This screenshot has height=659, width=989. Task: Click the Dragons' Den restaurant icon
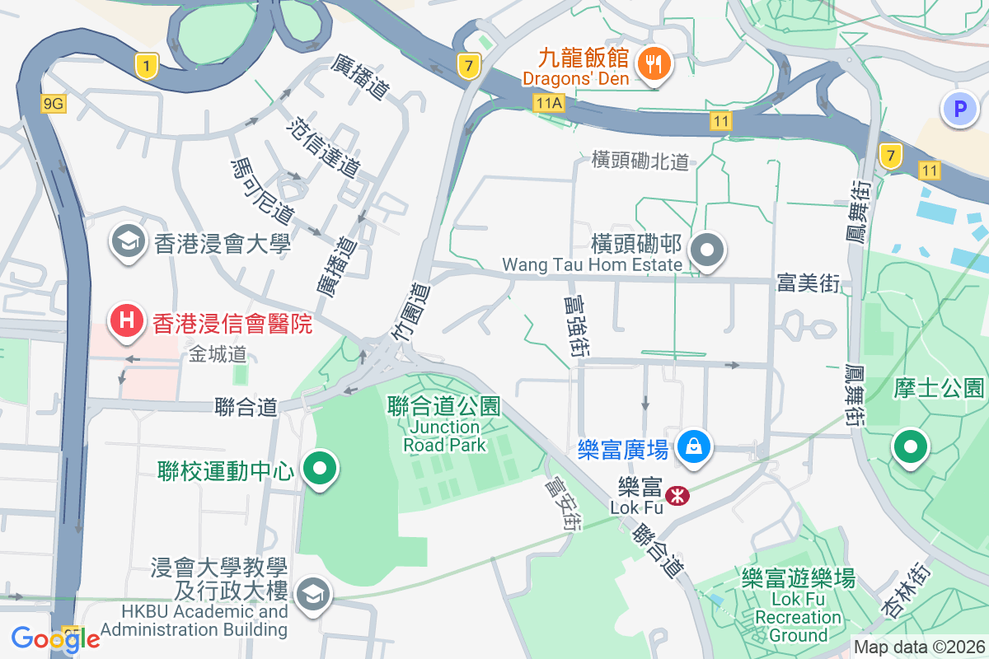coord(654,63)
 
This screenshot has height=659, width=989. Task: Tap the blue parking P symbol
coord(959,108)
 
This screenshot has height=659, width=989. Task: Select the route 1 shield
coord(147,67)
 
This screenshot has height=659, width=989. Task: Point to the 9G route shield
coord(54,103)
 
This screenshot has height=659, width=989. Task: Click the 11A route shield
coord(547,102)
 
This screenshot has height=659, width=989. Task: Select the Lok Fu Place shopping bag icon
coord(694,447)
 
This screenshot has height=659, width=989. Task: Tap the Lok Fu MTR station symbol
coord(677,495)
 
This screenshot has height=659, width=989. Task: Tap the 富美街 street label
coord(808,284)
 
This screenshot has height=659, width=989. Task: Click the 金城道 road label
coord(218,354)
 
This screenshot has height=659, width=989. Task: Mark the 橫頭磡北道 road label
coord(640,161)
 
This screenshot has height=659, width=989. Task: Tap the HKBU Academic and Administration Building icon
coord(312,594)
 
